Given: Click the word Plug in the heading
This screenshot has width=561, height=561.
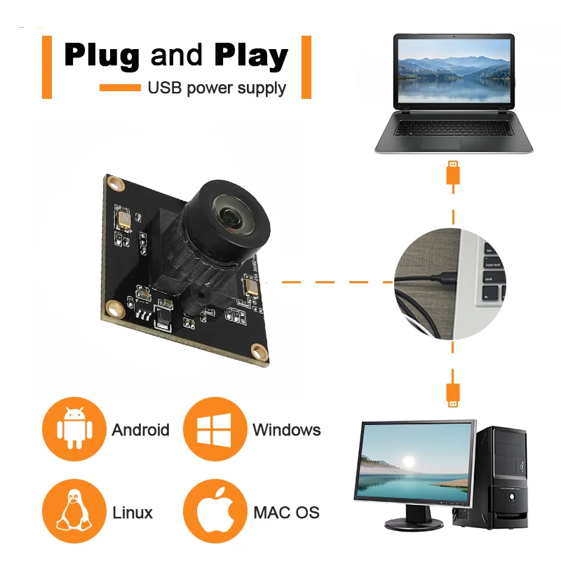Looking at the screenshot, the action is coord(102,55).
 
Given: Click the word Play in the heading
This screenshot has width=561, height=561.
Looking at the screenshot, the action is coord(251,55).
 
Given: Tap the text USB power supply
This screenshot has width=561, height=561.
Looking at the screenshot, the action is coord(217,88).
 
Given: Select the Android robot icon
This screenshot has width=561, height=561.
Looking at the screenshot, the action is coord(74,428).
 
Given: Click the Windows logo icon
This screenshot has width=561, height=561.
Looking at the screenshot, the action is coord(215,430).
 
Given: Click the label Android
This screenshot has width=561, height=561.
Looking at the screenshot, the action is coord(141,430).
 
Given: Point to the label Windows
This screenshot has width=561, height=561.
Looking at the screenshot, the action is coord(287,430).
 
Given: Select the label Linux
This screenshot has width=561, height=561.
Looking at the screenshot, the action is coord(133,513).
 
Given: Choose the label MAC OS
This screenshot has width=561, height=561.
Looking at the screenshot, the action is coord(287,513).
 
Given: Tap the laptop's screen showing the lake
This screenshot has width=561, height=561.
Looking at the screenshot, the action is coord(454,71).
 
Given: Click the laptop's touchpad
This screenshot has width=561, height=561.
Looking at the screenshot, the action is coord(440,144).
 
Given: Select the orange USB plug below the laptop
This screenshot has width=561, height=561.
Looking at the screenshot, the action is coord(453,173).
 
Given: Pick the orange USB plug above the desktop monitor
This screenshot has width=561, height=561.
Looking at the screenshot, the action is coord(453,395).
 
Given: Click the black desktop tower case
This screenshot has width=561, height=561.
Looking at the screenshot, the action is coord(501,478).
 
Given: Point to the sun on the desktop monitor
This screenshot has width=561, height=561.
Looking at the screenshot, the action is coord(408,461).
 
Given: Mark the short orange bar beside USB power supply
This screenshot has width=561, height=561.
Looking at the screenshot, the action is coord(120,88).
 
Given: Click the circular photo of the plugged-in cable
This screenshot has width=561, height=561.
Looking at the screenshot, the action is coord(450,284).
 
